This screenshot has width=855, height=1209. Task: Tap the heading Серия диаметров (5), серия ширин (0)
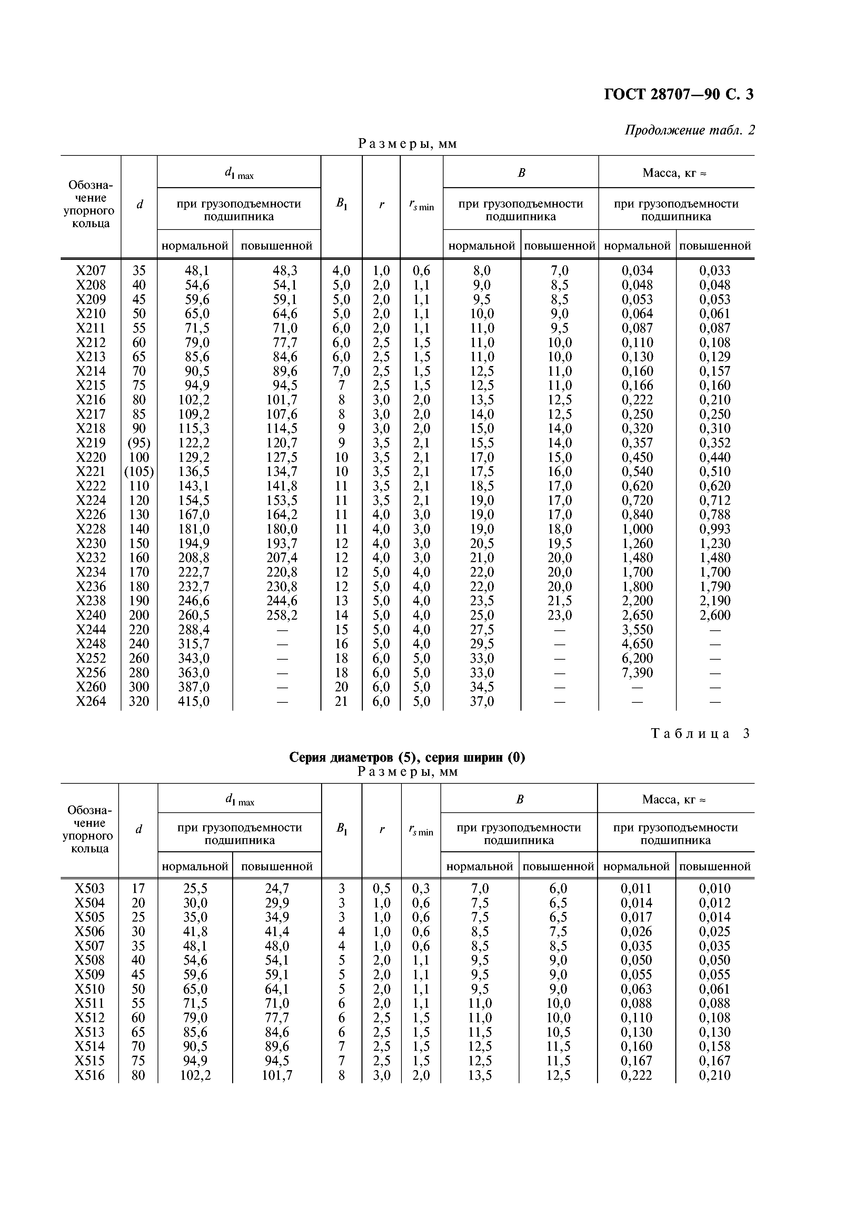(x=407, y=757)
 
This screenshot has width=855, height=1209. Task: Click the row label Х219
(x=91, y=443)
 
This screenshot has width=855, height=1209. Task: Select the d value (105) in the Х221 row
(x=139, y=471)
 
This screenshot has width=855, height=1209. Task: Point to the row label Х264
(x=91, y=701)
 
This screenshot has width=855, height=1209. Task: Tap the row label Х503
(x=90, y=888)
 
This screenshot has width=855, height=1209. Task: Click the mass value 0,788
(x=715, y=515)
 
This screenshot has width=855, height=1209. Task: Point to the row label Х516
(x=90, y=1075)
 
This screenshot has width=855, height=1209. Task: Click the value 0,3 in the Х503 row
(x=421, y=888)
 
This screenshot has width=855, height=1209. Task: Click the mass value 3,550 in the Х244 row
(x=637, y=630)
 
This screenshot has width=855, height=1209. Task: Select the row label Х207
(x=91, y=271)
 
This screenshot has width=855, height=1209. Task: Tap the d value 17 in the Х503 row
(x=138, y=888)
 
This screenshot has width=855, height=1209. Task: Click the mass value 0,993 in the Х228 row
(x=715, y=529)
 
